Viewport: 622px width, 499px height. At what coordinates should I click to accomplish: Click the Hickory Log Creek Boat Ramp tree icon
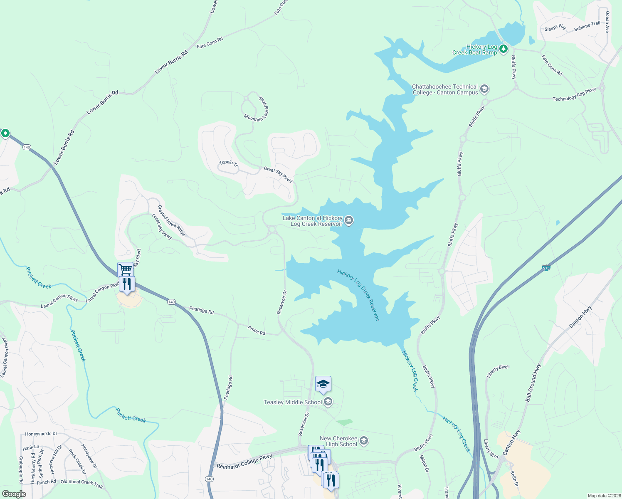pos(504,49)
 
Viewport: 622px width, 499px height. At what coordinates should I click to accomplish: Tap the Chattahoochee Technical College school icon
pos(484,89)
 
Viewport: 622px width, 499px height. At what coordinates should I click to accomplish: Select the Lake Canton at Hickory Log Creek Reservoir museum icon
pos(349,220)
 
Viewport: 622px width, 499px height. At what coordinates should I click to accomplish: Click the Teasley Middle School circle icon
pos(328,402)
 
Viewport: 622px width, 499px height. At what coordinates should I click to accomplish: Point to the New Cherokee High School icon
pos(364,441)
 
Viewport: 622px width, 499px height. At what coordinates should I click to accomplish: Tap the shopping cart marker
pos(125,269)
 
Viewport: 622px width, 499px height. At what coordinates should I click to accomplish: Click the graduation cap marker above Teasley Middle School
pos(323,384)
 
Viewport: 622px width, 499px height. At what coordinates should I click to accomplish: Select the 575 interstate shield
pos(546,268)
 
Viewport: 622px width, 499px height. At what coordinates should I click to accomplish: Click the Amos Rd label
pos(256,330)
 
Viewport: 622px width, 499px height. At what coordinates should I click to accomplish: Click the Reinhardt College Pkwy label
pos(244,462)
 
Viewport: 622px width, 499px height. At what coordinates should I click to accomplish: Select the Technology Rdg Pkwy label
pos(574,94)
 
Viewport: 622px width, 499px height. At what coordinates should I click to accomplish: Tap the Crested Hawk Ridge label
pos(171,220)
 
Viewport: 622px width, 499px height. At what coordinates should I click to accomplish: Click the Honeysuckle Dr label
pos(41,434)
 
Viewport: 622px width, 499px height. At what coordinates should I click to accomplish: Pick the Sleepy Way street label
pos(555,28)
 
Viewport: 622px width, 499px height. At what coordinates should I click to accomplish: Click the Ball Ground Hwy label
pos(533,383)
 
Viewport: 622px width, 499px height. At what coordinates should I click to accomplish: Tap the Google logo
pos(14,494)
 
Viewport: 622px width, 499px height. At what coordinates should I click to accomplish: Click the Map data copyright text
pos(604,496)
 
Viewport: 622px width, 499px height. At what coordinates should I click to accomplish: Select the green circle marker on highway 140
pos(5,133)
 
